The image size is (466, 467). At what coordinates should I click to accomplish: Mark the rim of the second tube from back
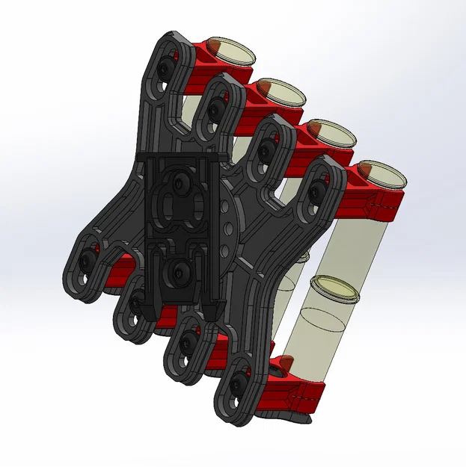280,92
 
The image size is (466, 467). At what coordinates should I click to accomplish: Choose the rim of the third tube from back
327,133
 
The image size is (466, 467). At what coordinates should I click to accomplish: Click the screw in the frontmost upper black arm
318,193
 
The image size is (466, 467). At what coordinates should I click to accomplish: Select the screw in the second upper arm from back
215,109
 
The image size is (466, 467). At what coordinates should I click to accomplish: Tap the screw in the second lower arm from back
136,302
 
